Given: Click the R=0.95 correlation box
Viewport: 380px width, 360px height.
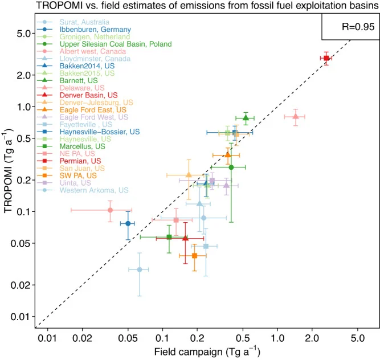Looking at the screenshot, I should tap(350, 26).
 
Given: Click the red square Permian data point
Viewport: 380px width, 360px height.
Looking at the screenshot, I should tap(326, 58).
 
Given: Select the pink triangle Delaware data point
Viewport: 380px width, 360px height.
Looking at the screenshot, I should tap(295, 116).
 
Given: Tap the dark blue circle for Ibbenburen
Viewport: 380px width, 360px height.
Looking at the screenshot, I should tap(128, 223).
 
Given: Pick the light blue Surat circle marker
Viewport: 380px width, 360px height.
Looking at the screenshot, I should tap(140, 269).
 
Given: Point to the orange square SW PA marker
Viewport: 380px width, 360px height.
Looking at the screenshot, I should tap(194, 256).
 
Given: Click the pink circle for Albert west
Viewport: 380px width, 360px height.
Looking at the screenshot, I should tap(110, 210).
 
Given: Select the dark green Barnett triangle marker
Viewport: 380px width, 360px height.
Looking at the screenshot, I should tap(246, 117).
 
